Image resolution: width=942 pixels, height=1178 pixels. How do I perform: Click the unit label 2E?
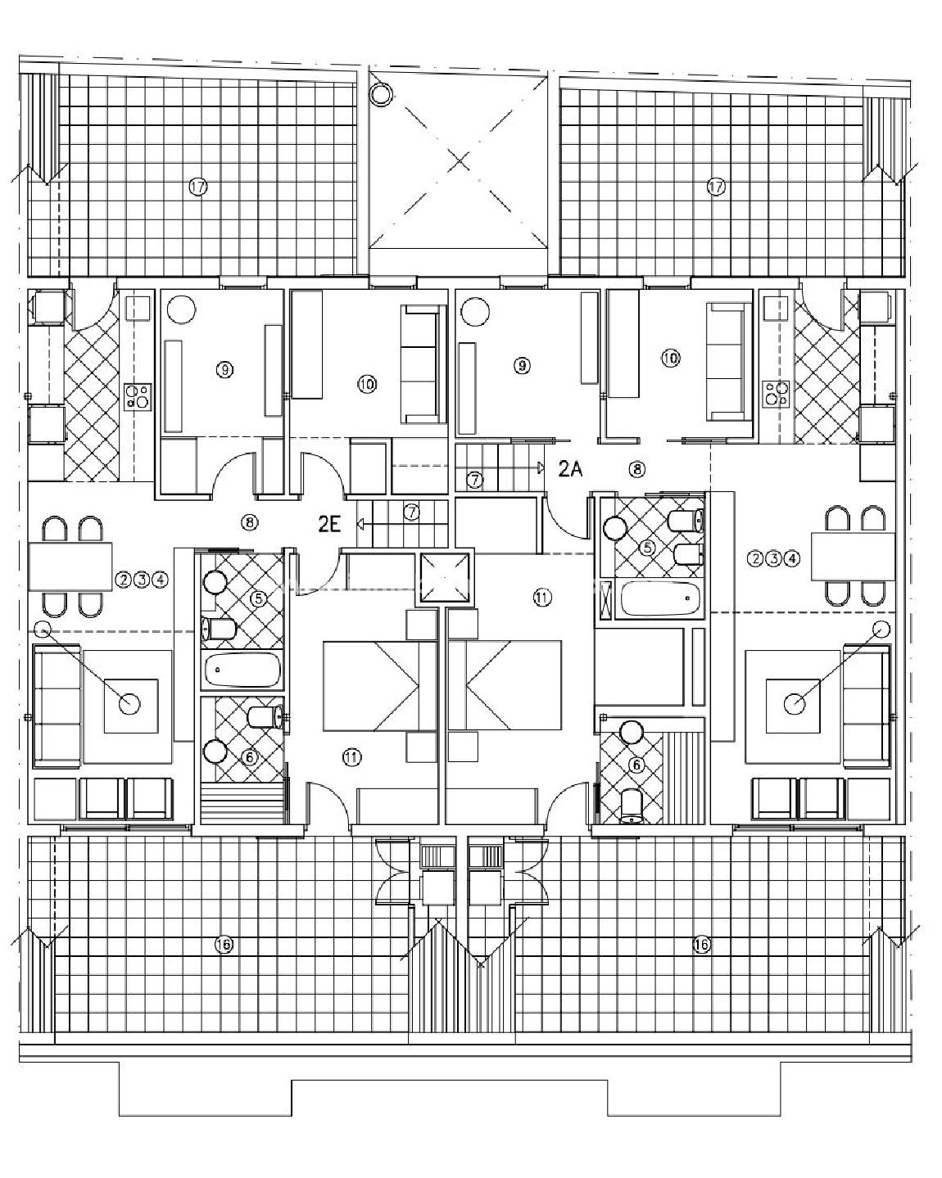[x=329, y=525]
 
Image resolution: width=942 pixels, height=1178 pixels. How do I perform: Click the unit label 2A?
[x=570, y=469]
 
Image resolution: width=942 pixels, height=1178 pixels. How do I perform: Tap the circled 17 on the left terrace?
[x=197, y=187]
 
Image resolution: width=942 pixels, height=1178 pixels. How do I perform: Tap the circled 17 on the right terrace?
[x=717, y=187]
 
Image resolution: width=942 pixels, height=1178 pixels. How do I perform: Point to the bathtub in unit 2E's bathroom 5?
[x=242, y=669]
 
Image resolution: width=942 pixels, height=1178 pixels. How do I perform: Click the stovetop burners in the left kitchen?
[x=138, y=396]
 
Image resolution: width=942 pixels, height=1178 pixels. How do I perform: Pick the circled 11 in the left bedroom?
[x=352, y=757]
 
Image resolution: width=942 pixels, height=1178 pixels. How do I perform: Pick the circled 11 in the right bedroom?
[x=542, y=598]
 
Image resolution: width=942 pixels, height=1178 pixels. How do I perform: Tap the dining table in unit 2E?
[x=70, y=566]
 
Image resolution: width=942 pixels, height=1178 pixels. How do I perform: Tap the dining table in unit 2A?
[x=854, y=556]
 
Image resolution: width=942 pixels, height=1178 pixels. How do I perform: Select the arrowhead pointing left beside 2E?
[x=360, y=525]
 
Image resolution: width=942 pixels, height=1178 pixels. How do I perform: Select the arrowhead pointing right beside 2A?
[x=541, y=467]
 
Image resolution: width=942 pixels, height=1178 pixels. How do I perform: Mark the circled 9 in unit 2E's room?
[x=224, y=369]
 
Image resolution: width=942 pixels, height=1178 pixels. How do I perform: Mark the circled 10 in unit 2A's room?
[x=670, y=358]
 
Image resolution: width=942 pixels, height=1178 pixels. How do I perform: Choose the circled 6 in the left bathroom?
[x=249, y=757]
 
